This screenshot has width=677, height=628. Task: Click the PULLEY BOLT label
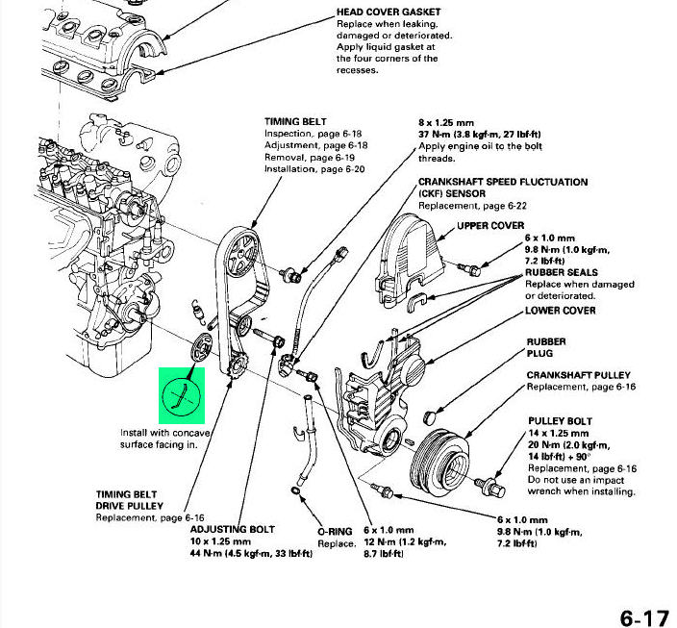pos(560,421)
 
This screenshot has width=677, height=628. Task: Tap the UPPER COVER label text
pos(489,226)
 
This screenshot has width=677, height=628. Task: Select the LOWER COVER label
pos(560,311)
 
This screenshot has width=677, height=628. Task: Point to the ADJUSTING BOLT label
pos(232,530)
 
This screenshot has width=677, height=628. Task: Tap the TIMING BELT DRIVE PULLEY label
pos(129,499)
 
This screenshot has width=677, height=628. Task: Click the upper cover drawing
pos(414,255)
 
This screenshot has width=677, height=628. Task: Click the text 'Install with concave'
pos(164,432)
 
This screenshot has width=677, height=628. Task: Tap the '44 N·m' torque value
pos(213,555)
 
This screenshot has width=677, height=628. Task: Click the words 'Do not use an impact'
pos(574,480)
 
